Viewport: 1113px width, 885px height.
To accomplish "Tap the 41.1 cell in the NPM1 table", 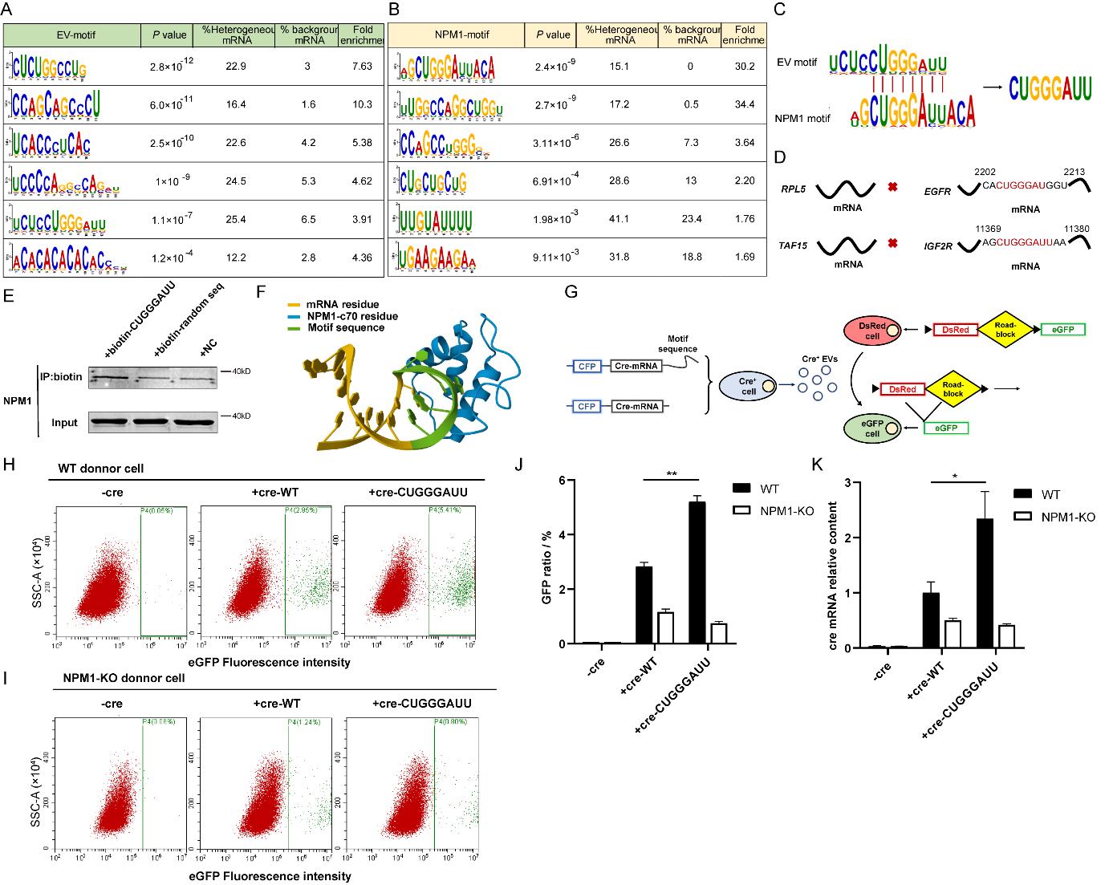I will tap(617, 220).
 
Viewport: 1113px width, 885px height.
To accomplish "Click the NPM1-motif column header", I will tap(456, 35).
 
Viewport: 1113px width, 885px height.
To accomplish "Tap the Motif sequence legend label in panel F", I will tap(350, 327).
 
